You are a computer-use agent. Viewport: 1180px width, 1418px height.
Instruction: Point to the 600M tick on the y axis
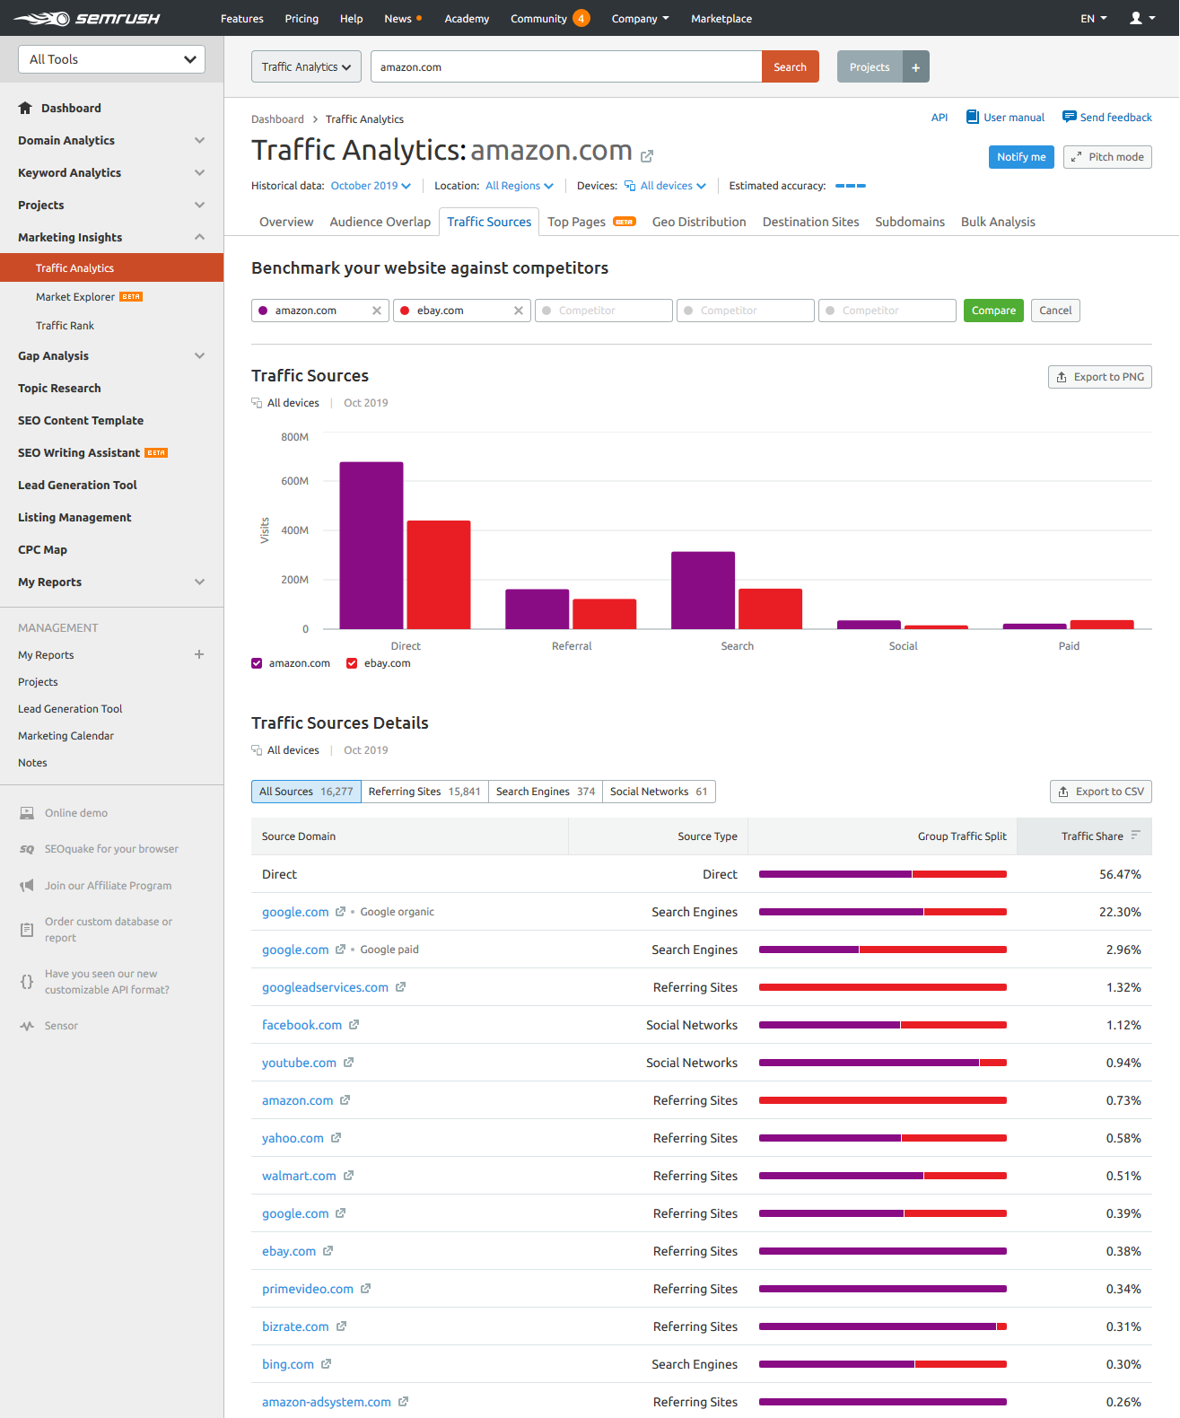coord(294,481)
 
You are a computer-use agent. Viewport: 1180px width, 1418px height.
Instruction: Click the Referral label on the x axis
coord(571,646)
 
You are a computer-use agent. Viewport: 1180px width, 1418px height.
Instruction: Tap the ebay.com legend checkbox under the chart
coord(352,663)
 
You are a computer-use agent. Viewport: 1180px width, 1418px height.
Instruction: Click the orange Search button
coord(790,67)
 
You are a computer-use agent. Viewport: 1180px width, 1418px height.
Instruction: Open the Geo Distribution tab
coord(698,222)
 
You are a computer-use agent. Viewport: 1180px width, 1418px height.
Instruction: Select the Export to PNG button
coord(1099,377)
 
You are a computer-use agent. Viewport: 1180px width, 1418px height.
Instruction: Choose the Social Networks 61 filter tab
coord(658,792)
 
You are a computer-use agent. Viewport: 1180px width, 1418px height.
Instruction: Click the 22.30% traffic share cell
coord(1119,912)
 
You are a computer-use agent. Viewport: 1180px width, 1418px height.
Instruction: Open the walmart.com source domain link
coord(299,1176)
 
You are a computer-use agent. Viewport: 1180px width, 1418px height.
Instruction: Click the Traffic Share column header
coord(1091,836)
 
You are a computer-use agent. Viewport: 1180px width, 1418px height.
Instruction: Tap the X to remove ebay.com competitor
coord(518,311)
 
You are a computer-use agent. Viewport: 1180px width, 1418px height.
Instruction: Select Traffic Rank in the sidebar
coord(65,326)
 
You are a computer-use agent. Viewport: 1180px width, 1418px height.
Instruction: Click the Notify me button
coord(1020,157)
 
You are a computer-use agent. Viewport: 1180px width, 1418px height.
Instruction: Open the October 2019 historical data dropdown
coord(370,186)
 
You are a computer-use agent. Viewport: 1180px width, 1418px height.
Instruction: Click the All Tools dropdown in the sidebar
coord(111,59)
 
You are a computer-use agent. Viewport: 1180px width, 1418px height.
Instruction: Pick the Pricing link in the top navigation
coord(302,19)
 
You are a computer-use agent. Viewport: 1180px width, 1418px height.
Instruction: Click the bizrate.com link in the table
coord(295,1326)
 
